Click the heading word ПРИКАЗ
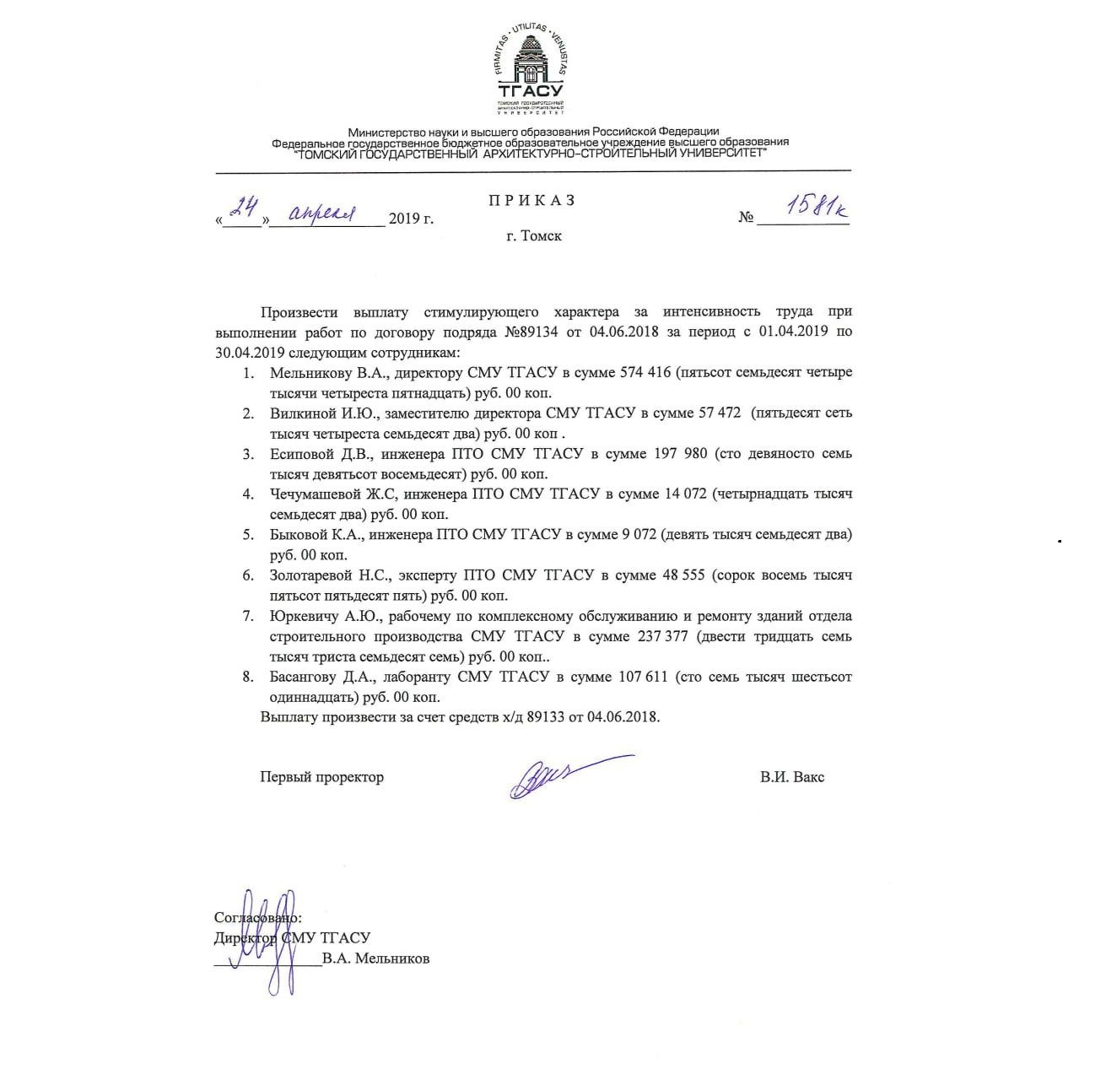coord(532,201)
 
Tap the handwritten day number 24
coord(246,208)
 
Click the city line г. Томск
coord(534,236)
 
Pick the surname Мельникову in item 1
coord(305,373)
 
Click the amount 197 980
coord(682,454)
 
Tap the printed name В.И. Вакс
coord(791,777)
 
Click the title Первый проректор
coord(321,777)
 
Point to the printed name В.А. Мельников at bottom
coord(375,958)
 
